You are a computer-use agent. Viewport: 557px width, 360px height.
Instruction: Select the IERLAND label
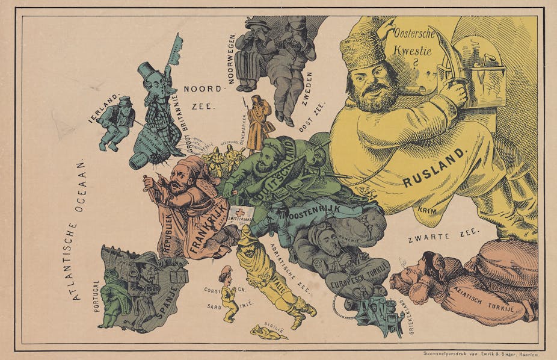(105, 108)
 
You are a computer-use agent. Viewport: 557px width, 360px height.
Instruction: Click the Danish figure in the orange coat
(259, 123)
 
